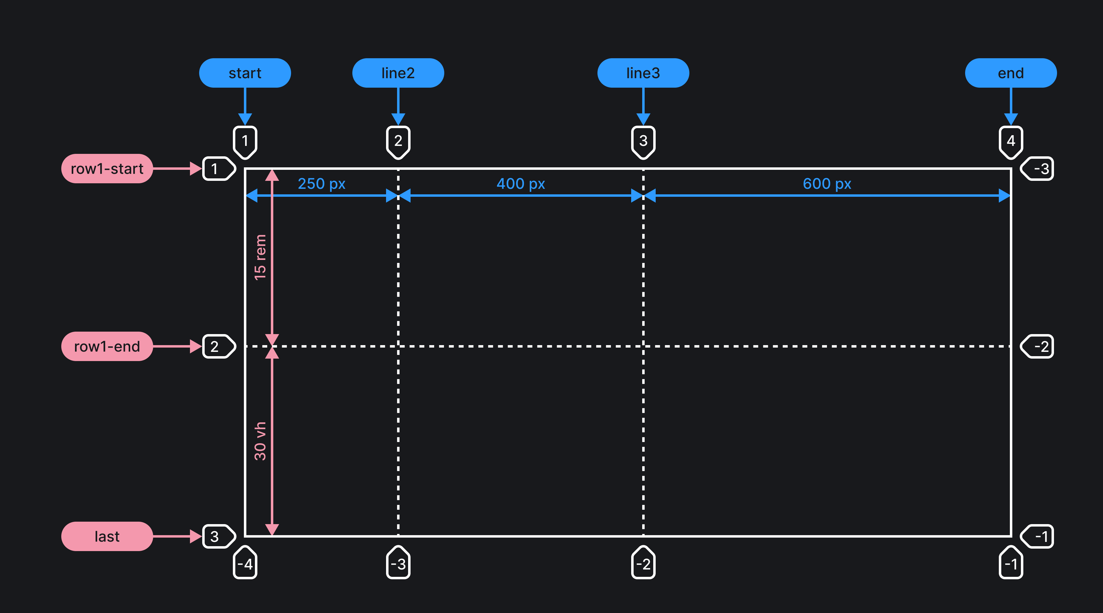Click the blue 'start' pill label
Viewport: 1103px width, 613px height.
[x=245, y=73]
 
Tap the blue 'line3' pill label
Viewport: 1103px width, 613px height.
[x=643, y=73]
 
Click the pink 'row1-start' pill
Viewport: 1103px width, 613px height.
[x=107, y=169]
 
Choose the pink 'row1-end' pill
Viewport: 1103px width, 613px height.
[x=107, y=346]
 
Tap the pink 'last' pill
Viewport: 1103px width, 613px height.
[x=107, y=536]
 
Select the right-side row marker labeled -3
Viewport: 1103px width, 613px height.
[x=1038, y=169]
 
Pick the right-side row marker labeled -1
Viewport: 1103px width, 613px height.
[x=1038, y=536]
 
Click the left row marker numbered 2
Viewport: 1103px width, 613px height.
[x=218, y=346]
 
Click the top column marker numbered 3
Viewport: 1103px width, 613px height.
[x=643, y=141]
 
